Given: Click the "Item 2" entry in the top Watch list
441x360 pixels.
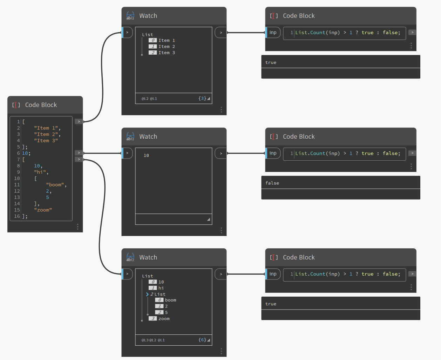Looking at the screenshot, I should [x=166, y=47].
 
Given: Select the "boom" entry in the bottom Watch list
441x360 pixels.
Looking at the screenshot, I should [x=170, y=300].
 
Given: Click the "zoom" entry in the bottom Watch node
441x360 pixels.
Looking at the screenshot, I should [x=164, y=319].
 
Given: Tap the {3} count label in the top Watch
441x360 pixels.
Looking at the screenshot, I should [x=202, y=98].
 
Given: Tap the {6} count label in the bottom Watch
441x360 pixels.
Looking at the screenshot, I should [x=202, y=340].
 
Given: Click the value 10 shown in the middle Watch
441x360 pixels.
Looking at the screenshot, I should [x=146, y=155].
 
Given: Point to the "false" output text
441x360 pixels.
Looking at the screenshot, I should [x=272, y=183].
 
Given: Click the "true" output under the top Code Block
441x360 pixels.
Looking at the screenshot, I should [x=271, y=62].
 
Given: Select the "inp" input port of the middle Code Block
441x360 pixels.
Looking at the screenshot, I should [x=273, y=153].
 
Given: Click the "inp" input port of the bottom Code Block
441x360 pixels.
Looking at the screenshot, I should [x=273, y=274].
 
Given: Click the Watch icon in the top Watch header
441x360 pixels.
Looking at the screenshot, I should [x=130, y=16].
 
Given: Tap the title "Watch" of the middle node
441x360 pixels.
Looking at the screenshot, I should [x=148, y=137].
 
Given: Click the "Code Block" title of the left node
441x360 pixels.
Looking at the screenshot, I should [x=41, y=105].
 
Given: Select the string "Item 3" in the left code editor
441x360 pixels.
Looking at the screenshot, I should [x=46, y=141].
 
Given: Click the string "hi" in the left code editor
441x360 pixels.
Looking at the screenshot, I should [x=40, y=172].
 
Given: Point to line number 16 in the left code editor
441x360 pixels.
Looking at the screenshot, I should [x=17, y=216].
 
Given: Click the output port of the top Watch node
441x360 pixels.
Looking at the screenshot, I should [x=221, y=33].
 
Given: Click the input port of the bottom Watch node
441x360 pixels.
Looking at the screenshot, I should [x=127, y=274].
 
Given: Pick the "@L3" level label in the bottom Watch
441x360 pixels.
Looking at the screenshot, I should [x=144, y=340].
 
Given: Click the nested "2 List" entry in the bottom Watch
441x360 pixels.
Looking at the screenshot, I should [x=158, y=294].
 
